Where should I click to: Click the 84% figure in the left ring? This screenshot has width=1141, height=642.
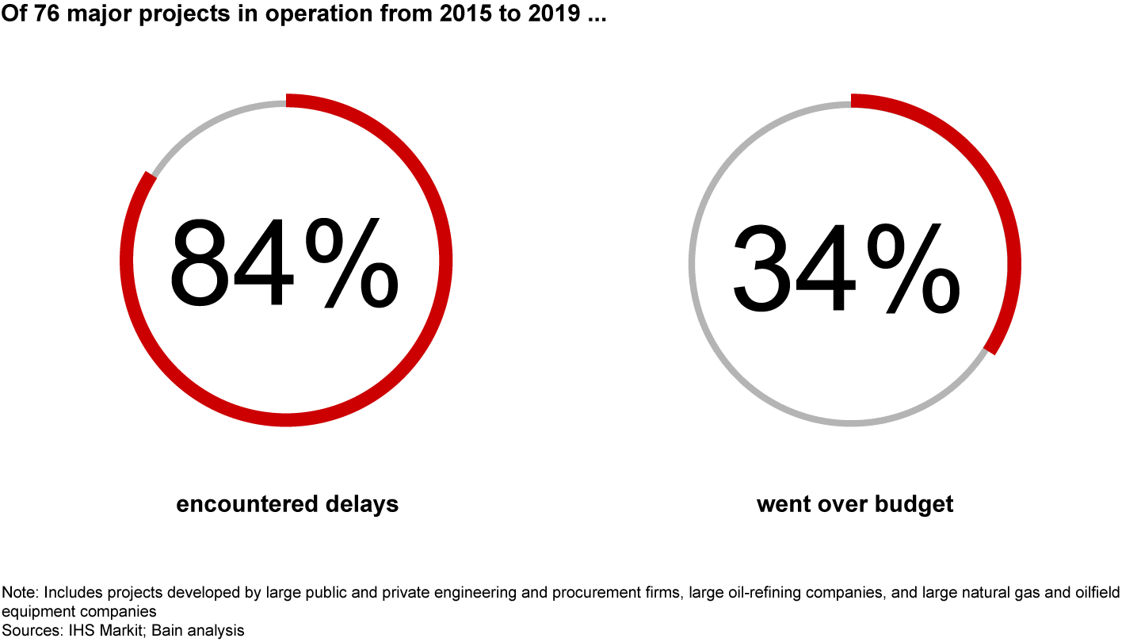click(284, 263)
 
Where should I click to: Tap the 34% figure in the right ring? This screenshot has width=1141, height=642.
click(845, 269)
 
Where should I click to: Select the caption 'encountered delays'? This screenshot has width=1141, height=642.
click(287, 504)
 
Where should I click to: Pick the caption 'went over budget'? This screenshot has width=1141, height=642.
click(855, 504)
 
